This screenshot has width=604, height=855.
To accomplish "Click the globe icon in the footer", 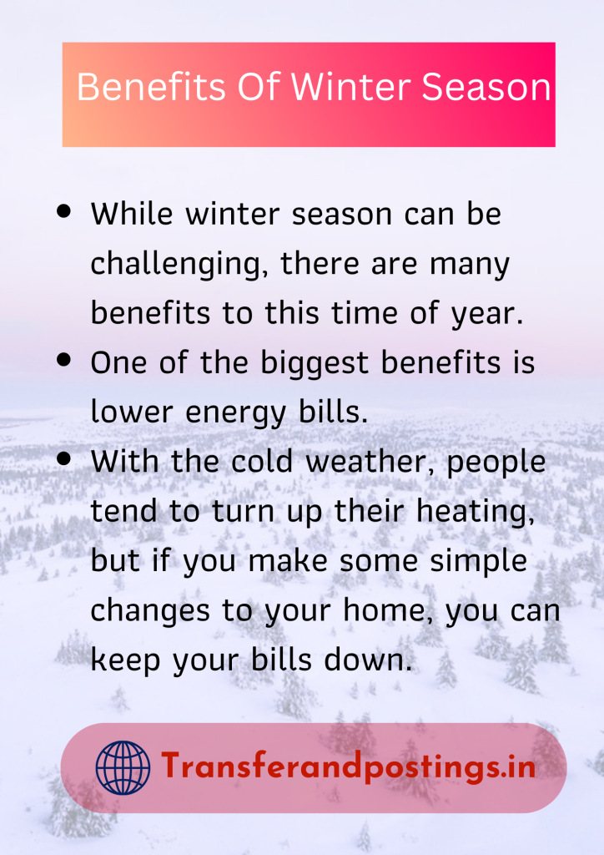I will point(123,767).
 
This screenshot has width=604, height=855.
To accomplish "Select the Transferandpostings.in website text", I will point(348,766).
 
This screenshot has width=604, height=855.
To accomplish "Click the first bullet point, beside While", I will point(63,212).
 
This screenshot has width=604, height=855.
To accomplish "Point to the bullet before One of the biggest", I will point(63,361).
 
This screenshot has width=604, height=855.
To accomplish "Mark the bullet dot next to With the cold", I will point(63,459).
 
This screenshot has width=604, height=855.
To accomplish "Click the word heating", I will point(476,512).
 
